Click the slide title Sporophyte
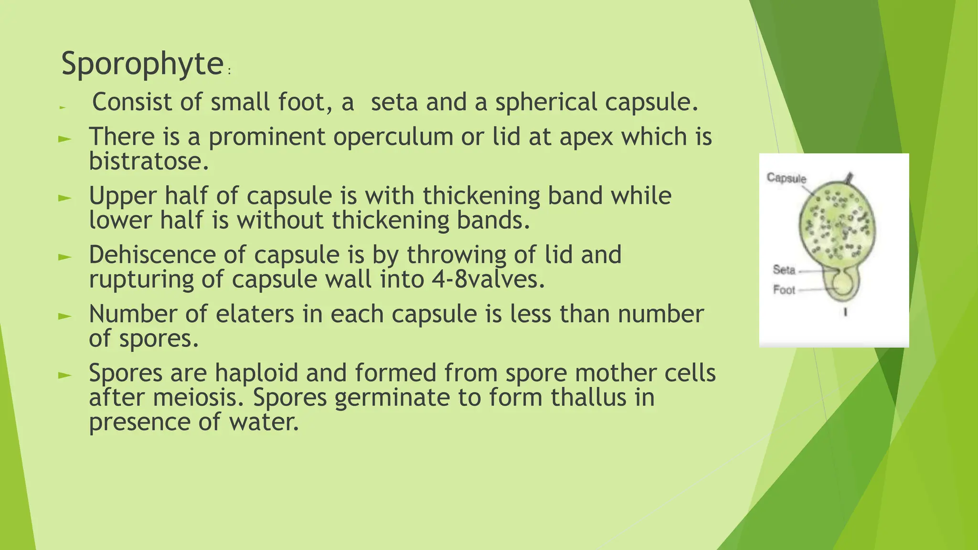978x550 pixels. [142, 64]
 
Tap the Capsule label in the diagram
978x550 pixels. [786, 178]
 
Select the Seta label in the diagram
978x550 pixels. [784, 270]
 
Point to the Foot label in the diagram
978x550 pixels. [784, 290]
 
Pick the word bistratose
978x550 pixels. [149, 161]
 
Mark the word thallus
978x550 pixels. [588, 398]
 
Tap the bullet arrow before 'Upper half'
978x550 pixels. [64, 198]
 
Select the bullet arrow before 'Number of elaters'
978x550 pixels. [64, 316]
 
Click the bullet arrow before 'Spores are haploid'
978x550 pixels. [64, 375]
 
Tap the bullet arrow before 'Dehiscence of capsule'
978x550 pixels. [64, 257]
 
